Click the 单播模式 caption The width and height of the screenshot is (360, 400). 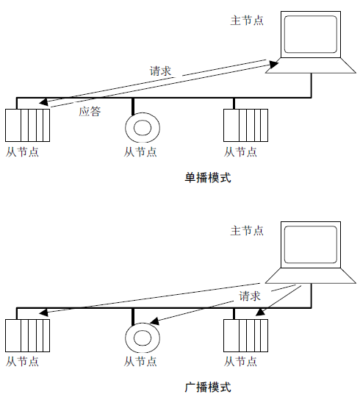[208, 177]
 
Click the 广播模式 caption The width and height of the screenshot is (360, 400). [208, 387]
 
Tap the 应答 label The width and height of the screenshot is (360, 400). [90, 112]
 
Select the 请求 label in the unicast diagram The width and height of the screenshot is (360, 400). [160, 71]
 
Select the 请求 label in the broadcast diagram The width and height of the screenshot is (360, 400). [250, 296]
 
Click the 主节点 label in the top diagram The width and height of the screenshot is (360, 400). [247, 21]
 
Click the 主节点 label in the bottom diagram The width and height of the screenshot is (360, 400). [247, 231]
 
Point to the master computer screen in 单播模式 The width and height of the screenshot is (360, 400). [311, 35]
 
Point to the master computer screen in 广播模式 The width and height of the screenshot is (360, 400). [311, 245]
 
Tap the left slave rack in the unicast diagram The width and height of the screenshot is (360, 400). [27, 125]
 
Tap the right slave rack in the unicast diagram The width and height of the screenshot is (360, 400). [246, 125]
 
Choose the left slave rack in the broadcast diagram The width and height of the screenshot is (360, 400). [27, 335]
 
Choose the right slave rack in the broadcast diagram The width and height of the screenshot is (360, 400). [246, 335]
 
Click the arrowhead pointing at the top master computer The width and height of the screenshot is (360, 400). [274, 64]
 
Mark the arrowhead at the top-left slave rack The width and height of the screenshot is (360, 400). [43, 102]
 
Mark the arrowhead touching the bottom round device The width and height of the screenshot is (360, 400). [154, 321]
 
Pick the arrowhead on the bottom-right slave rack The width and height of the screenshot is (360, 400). [260, 312]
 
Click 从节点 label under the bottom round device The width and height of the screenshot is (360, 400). [140, 362]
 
